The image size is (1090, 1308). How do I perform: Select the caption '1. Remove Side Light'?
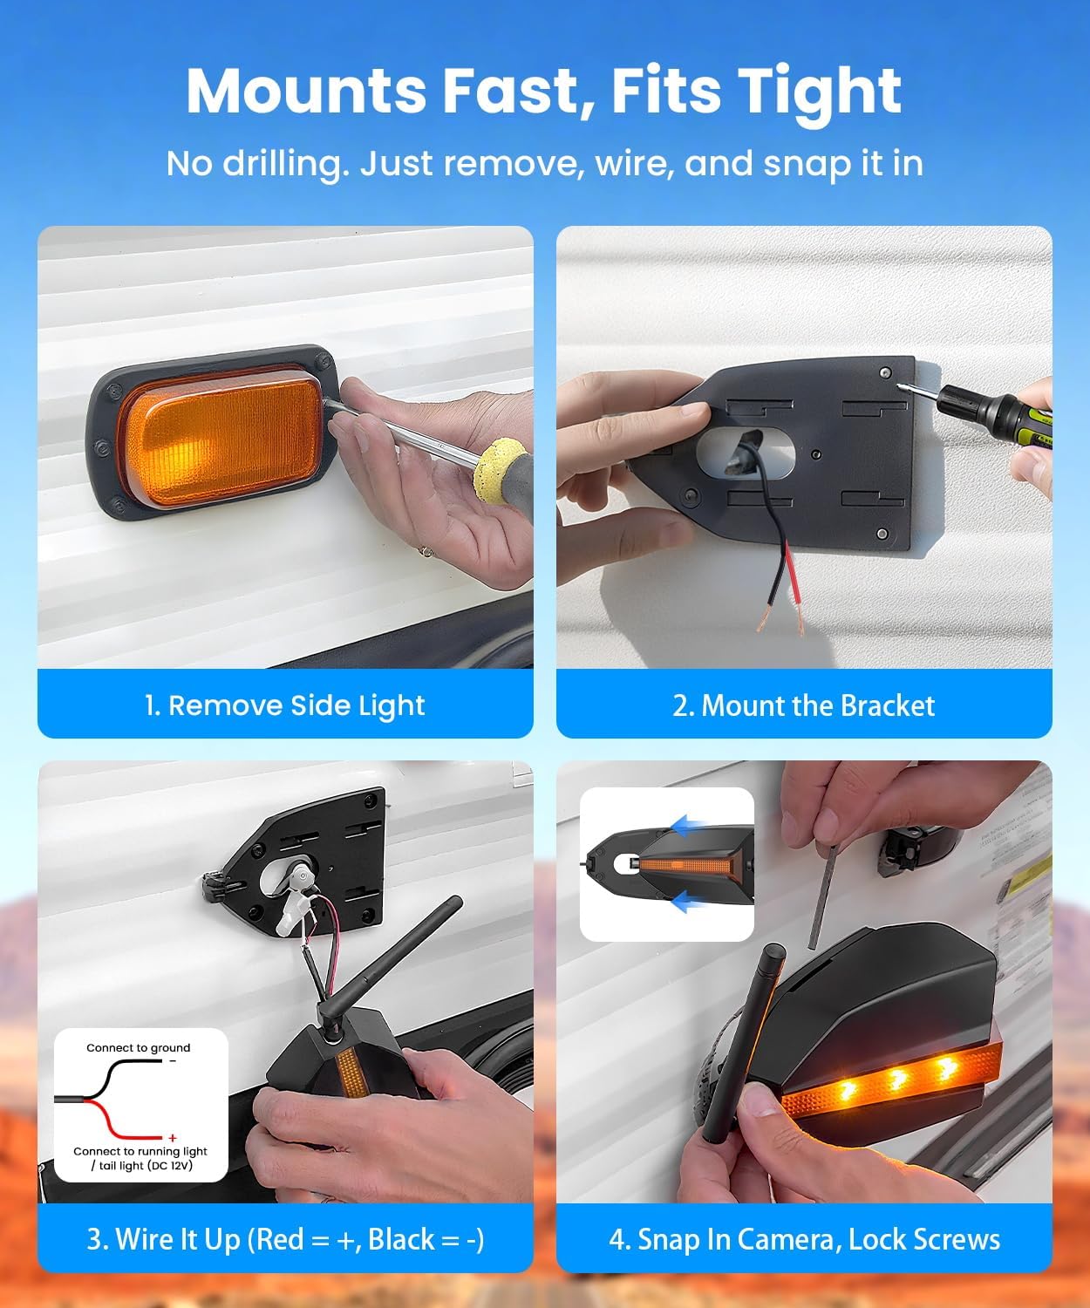pos(284,705)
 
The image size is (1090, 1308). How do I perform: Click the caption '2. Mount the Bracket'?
pos(803,705)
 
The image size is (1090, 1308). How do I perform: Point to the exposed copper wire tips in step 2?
pos(780,621)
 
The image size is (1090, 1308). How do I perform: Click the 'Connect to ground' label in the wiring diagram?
pos(138,1048)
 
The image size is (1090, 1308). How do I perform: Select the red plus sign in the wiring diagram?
pos(173,1138)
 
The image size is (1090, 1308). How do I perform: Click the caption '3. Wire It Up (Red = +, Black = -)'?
pos(284,1239)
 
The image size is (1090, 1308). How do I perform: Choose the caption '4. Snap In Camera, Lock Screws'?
pos(803,1239)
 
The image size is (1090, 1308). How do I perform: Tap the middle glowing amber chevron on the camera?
pos(895,1080)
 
